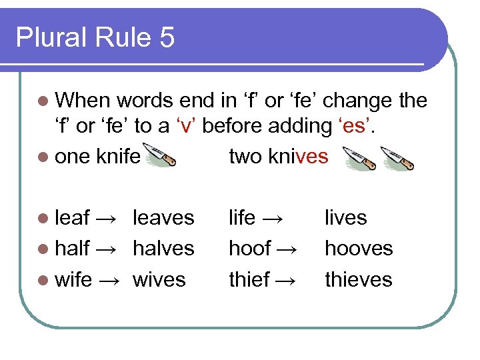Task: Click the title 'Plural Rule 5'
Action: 95,37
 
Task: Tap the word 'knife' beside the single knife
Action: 118,156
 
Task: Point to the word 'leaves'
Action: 163,217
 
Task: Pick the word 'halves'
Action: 163,248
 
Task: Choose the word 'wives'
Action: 159,279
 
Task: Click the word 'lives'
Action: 345,217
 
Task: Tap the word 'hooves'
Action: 359,248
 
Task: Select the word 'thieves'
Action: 359,279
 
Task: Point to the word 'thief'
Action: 248,279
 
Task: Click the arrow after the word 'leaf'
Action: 107,218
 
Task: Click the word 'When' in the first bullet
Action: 83,100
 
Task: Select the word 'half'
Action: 72,248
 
